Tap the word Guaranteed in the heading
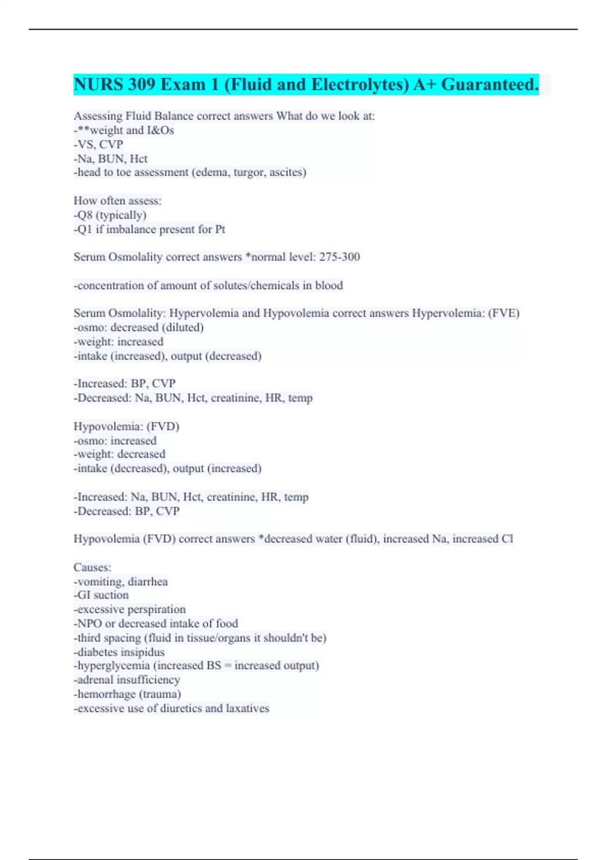pos(490,84)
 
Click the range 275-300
pos(339,257)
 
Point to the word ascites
pos(287,173)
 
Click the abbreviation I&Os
pos(160,131)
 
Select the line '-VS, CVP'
pos(99,145)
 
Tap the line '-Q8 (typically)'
pos(110,215)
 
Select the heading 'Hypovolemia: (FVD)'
pos(126,426)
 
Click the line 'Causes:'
pos(93,567)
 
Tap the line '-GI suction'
pos(101,595)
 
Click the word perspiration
pos(156,610)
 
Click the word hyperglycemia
pos(114,666)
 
